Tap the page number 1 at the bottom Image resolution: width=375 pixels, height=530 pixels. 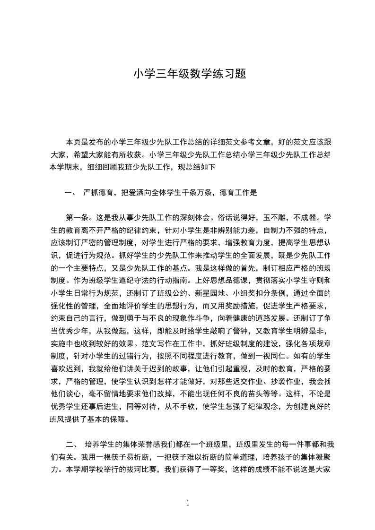(188, 504)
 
